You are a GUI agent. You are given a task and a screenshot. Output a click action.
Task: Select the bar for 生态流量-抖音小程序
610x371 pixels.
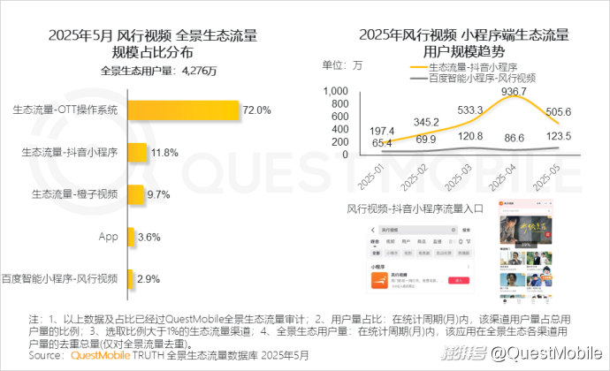(x=137, y=153)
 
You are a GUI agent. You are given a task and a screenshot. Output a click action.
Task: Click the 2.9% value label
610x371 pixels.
(x=149, y=279)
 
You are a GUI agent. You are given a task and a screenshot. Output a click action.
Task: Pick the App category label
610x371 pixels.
(x=109, y=237)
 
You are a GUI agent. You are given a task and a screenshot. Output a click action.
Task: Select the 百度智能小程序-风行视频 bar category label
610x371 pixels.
(x=60, y=279)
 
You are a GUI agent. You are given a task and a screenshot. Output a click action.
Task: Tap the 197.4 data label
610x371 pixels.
(x=357, y=131)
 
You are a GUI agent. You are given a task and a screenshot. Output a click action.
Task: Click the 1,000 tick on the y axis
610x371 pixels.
(x=336, y=91)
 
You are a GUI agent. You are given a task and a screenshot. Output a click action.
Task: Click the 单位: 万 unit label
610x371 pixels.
(x=342, y=64)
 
